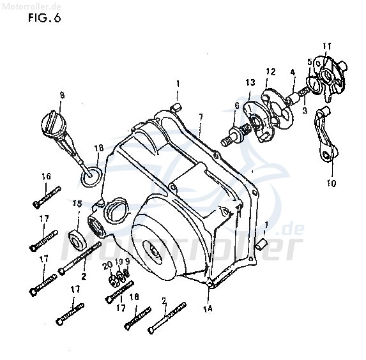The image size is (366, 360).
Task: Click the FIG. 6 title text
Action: click(x=44, y=18)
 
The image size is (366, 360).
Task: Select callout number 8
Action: click(x=62, y=95)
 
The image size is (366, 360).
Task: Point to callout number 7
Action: click(x=201, y=117)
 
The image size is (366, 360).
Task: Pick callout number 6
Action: click(x=237, y=106)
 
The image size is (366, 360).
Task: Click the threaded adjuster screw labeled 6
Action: click(x=234, y=135)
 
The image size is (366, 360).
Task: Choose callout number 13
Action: click(x=250, y=82)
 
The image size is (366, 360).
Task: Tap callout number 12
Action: click(x=271, y=71)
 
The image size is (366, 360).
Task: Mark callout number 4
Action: click(x=293, y=73)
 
